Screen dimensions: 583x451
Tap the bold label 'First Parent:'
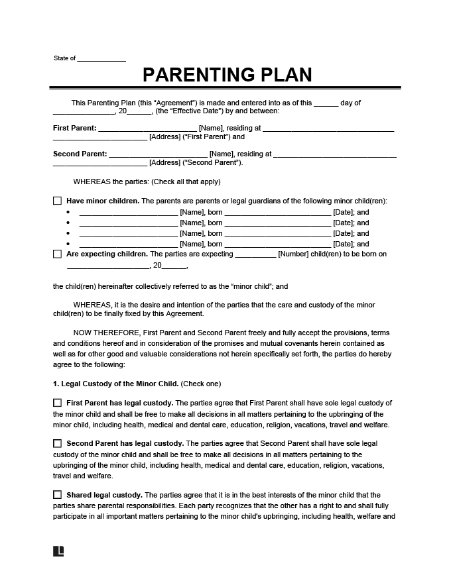tap(74, 128)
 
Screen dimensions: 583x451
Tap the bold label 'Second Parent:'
tap(80, 154)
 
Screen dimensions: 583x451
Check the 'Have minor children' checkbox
tap(57, 201)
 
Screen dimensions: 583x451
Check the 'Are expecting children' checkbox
tap(57, 254)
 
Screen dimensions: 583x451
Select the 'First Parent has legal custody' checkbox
tap(57, 403)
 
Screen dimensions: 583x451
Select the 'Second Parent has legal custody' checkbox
tap(57, 443)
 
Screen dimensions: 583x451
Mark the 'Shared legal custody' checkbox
tap(57, 495)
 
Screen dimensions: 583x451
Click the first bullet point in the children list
tap(68, 213)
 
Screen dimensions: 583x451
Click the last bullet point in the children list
tap(68, 244)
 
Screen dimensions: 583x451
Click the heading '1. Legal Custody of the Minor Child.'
tap(115, 384)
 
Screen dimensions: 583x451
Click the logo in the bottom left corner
tap(58, 551)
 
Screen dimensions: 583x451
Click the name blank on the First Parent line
tap(147, 128)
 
